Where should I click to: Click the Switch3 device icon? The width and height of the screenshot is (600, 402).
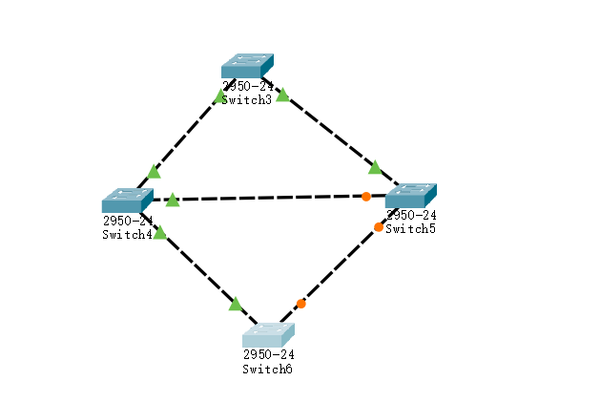point(247,65)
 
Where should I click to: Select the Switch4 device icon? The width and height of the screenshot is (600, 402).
point(127,200)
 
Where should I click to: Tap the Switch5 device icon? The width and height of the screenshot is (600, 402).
point(410,195)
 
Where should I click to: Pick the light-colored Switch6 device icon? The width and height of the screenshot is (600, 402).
point(268,335)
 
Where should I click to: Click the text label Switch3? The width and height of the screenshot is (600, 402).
point(246,99)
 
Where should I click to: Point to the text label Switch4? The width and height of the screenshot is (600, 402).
point(127,235)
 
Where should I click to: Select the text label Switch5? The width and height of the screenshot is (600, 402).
point(411,228)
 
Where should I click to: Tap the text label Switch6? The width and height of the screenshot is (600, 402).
point(267,369)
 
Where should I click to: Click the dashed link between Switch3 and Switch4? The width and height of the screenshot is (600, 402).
point(187,133)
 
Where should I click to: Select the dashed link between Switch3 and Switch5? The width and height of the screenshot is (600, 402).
point(329,130)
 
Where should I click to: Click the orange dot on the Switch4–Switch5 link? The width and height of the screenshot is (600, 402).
point(366,197)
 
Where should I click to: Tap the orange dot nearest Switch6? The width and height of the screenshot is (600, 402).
point(300,304)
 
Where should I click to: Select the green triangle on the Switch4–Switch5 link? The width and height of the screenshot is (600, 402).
point(172,201)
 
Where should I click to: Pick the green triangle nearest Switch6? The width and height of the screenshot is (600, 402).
point(235,305)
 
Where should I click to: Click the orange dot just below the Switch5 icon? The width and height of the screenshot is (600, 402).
point(379,227)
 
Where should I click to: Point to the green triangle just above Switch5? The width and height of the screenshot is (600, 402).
point(375,167)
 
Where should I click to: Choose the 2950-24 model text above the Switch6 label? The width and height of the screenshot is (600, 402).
point(268,355)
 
